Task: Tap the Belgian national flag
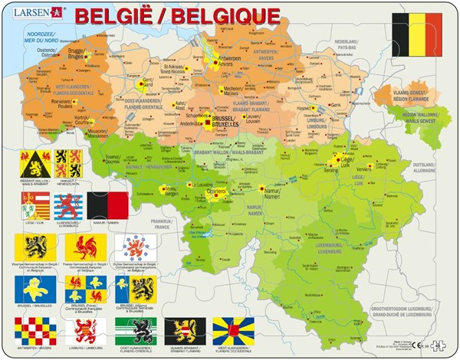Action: [x=416, y=34]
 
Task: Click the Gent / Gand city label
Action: [x=149, y=82]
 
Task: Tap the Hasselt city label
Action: [x=305, y=107]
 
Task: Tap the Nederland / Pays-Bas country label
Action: [x=347, y=44]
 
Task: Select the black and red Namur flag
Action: [x=107, y=206]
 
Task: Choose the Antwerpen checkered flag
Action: [x=34, y=331]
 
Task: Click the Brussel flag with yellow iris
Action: [x=34, y=289]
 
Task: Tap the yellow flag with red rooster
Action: [x=85, y=247]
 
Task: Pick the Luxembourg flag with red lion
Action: [x=68, y=206]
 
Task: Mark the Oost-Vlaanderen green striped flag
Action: [x=135, y=331]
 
